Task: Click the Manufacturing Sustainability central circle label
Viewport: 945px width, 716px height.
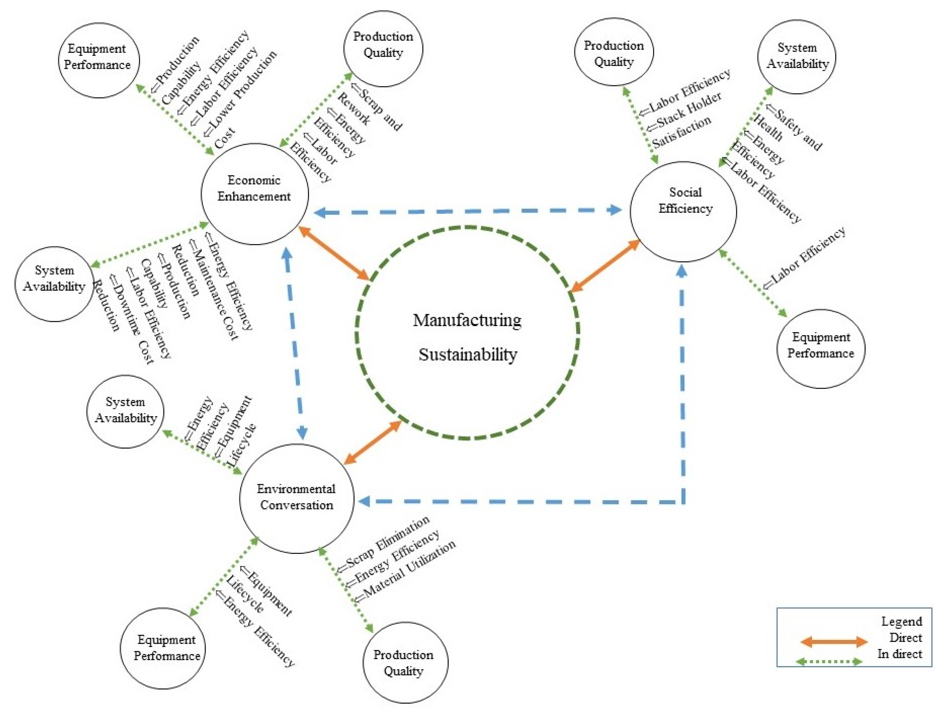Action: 467,337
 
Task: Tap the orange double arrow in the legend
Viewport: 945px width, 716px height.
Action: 833,641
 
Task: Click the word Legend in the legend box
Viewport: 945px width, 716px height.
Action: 901,622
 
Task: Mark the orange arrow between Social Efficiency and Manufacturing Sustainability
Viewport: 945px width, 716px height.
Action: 605,266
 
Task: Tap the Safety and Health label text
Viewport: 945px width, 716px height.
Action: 790,128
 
